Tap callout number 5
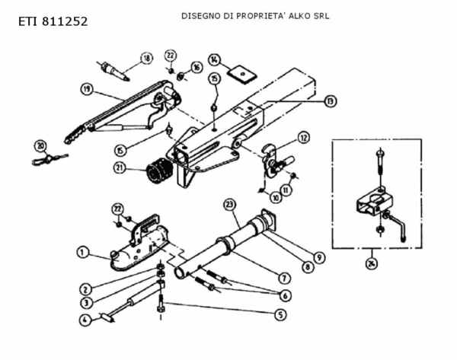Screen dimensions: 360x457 [281, 314]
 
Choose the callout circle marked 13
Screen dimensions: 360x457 [329, 100]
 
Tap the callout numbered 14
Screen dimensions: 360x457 [215, 59]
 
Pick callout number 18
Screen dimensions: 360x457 [145, 58]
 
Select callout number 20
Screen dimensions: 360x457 [40, 145]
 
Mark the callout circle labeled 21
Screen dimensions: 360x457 [120, 167]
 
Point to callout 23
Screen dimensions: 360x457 [228, 203]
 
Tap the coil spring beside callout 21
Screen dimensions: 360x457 [158, 172]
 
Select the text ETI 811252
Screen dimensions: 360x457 [53, 21]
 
